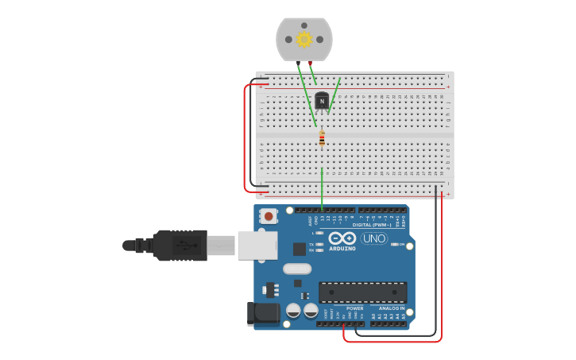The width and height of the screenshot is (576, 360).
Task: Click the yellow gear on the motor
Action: pyautogui.click(x=303, y=39)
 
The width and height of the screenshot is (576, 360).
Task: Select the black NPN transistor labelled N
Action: pyautogui.click(x=321, y=100)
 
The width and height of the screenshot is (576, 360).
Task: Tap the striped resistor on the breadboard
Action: pyautogui.click(x=322, y=139)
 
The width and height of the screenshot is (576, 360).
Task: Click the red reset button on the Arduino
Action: pyautogui.click(x=269, y=215)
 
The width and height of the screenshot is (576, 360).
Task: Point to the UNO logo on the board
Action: pyautogui.click(x=374, y=238)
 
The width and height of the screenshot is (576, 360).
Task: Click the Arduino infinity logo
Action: pyautogui.click(x=342, y=238)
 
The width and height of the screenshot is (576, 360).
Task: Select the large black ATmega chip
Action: pyautogui.click(x=362, y=292)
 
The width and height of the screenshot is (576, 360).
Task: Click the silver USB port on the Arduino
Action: pyautogui.click(x=256, y=246)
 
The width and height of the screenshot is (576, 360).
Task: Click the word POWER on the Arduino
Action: pyautogui.click(x=354, y=308)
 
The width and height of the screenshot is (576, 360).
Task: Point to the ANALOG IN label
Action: pyautogui.click(x=392, y=308)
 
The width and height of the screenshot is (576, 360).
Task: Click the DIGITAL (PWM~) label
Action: pyautogui.click(x=377, y=225)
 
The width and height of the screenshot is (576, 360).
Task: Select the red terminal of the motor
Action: pyautogui.click(x=310, y=62)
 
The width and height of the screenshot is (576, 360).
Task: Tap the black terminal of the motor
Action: pyautogui.click(x=297, y=62)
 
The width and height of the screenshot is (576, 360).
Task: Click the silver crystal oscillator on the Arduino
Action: pyautogui.click(x=297, y=269)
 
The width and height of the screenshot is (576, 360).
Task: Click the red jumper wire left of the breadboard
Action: pyautogui.click(x=245, y=135)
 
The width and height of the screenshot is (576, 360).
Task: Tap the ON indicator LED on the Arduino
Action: pyautogui.click(x=395, y=244)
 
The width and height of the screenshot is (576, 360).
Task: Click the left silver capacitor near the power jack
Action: pyautogui.click(x=293, y=311)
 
